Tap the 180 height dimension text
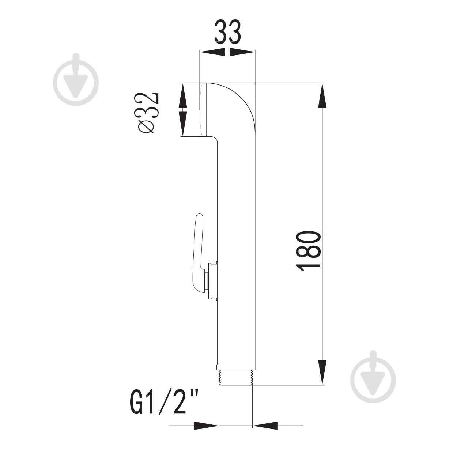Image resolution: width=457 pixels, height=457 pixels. [x=309, y=251]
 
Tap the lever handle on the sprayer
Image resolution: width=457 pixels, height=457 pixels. [x=198, y=252]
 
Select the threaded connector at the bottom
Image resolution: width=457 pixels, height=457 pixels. [x=236, y=377]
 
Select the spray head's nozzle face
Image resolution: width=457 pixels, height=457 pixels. [x=202, y=110]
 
